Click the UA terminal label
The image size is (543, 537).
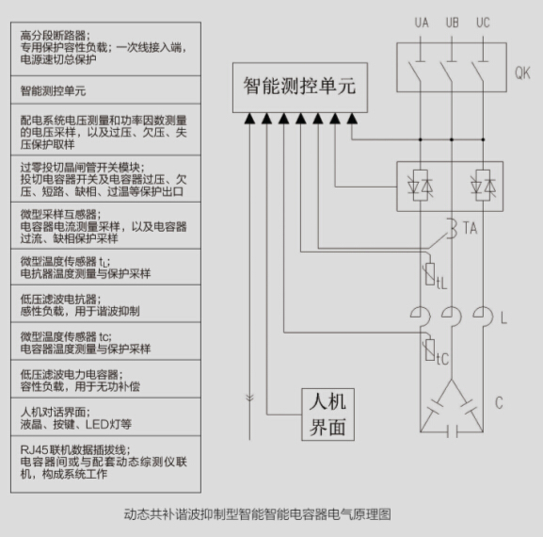coord(422,23)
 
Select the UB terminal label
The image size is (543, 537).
coord(453,23)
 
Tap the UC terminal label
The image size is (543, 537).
coord(483,23)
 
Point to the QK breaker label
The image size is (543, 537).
coord(522,73)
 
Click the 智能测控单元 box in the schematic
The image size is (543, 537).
coord(300,88)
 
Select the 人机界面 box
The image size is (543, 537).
coord(327,415)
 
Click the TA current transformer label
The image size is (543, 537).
coord(470,228)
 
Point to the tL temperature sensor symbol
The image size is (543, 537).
coord(430,274)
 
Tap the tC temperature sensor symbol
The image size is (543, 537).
coord(430,350)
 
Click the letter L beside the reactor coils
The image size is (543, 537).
coord(503,317)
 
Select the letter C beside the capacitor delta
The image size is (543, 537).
coord(499,402)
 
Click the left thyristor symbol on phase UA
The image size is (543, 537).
coord(420,186)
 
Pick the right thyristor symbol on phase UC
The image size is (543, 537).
coord(483,186)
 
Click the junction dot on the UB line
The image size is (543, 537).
coord(452,139)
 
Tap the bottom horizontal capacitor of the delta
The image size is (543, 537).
coord(452,432)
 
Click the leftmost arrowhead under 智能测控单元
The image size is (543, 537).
coord(249,119)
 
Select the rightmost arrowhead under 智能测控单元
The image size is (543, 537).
coord(352,119)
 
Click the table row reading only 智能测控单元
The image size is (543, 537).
coord(105,89)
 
